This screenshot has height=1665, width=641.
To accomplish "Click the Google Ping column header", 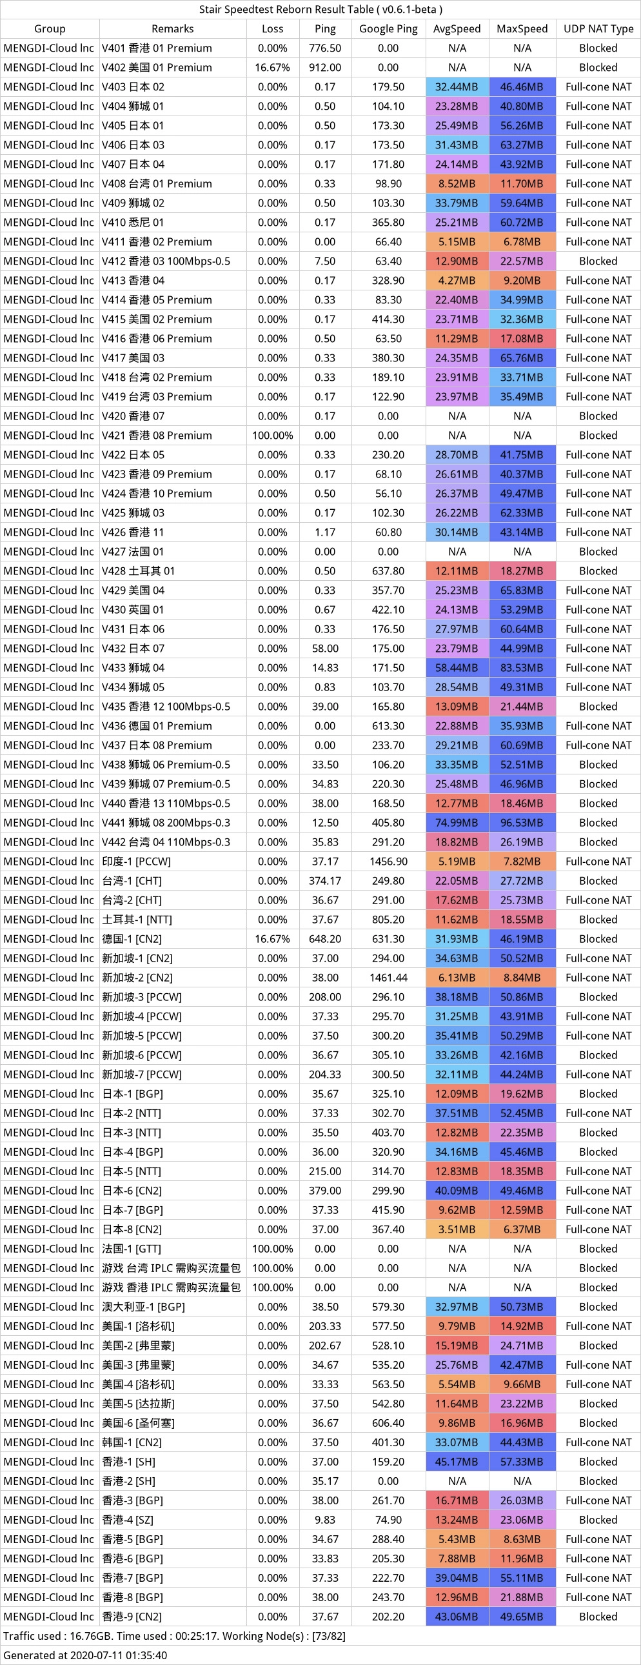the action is tap(388, 28).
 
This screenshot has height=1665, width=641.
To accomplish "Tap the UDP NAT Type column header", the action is tap(598, 28).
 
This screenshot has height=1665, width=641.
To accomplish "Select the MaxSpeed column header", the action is tap(522, 28).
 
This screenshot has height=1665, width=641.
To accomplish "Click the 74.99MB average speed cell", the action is tap(457, 823).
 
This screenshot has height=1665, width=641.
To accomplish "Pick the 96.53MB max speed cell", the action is tap(522, 823).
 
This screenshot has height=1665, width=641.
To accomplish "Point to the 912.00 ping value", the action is tap(325, 67).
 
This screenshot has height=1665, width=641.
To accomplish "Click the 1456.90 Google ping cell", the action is tap(388, 862).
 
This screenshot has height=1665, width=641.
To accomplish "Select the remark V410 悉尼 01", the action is tap(133, 223).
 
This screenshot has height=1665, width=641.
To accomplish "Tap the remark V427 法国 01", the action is tap(133, 551).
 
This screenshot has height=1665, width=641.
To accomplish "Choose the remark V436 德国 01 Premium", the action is tap(157, 726).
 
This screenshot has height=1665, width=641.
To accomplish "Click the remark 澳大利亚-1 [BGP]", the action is tap(143, 1307).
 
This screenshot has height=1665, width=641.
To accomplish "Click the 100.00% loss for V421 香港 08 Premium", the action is tap(273, 436).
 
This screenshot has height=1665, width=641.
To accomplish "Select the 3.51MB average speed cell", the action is tap(457, 1229).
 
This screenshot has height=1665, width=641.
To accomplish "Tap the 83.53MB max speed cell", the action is tap(522, 668).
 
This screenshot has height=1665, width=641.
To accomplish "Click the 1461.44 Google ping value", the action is tap(388, 978).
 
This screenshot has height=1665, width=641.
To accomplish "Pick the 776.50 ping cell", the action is tap(325, 48).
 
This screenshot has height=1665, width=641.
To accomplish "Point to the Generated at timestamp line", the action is tap(85, 1655).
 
